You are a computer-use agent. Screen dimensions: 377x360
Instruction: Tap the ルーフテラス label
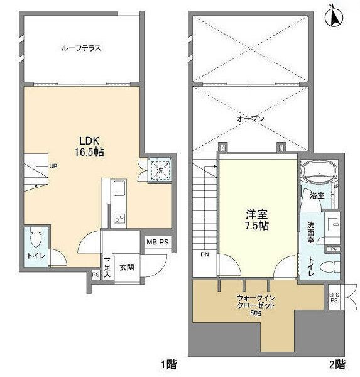(x=81, y=48)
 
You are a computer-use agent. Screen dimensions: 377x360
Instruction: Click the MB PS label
(x=157, y=241)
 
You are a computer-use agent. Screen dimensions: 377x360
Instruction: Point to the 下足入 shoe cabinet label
(x=107, y=266)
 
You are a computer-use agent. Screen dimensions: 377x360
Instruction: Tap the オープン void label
(x=250, y=119)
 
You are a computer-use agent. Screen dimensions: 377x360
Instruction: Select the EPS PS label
(x=334, y=297)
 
